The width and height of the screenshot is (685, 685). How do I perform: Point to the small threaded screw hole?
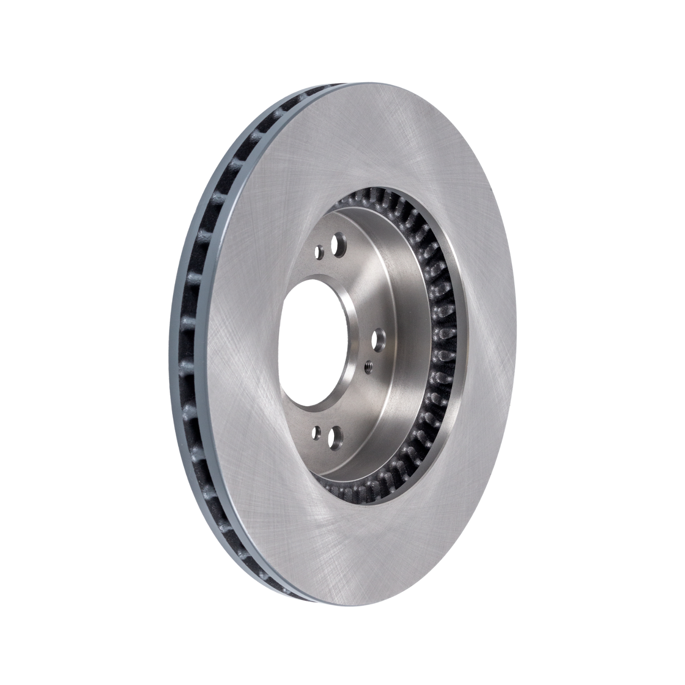click(368, 365)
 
